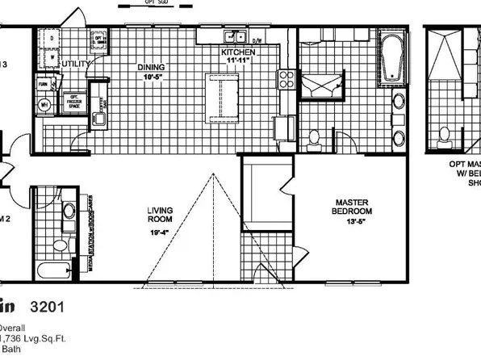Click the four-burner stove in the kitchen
tap(286, 78)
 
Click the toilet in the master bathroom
tap(314, 139)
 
